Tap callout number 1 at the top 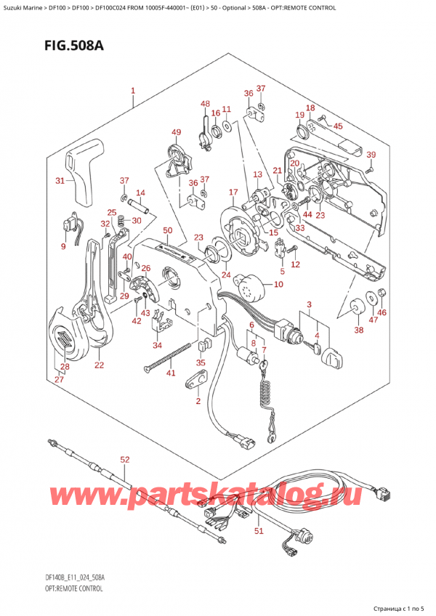click(x=133, y=92)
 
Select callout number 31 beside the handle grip click(x=60, y=181)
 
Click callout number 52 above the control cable click(x=124, y=459)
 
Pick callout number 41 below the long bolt click(x=171, y=373)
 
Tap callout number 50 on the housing click(x=167, y=231)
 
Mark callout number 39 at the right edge click(x=371, y=155)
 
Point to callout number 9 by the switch click(x=62, y=247)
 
